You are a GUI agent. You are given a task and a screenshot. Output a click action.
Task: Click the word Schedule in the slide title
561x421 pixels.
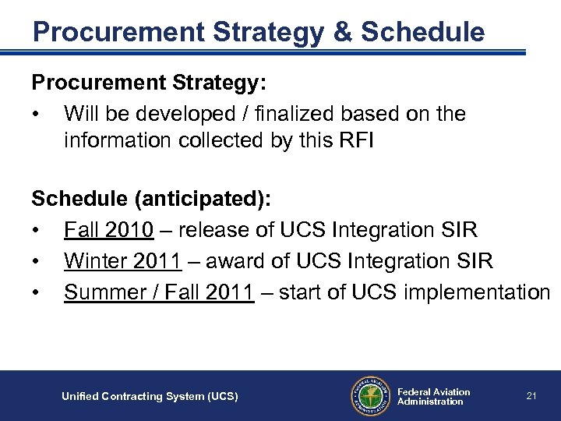[x=422, y=32]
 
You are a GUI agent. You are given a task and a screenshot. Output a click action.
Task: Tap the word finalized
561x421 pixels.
[x=296, y=114]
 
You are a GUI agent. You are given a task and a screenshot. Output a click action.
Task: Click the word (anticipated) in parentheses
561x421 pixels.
[x=203, y=199]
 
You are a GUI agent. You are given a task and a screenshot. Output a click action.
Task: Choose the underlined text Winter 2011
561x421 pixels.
[x=123, y=260]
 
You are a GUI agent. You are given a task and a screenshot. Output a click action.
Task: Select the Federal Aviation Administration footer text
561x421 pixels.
[x=433, y=397]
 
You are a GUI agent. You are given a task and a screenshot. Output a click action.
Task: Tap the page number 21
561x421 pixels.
[x=531, y=396]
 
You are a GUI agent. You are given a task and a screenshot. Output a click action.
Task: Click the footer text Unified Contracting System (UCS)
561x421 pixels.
[x=150, y=397]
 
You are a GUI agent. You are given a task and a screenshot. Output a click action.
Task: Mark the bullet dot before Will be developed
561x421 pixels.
[x=36, y=115]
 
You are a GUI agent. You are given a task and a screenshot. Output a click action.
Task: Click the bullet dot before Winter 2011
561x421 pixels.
[x=36, y=261]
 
